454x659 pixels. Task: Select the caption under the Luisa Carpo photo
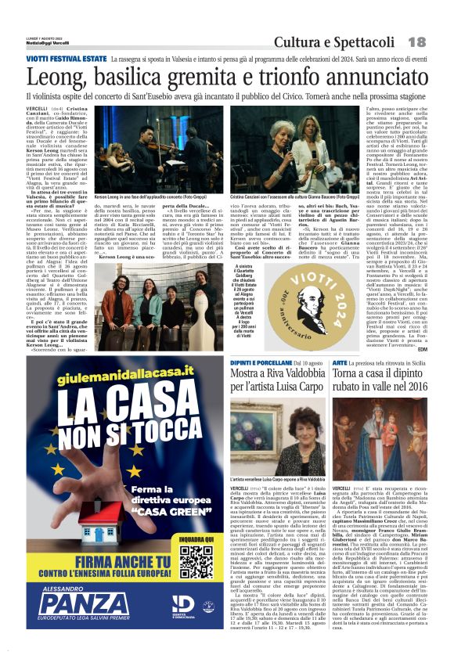click(x=278, y=478)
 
